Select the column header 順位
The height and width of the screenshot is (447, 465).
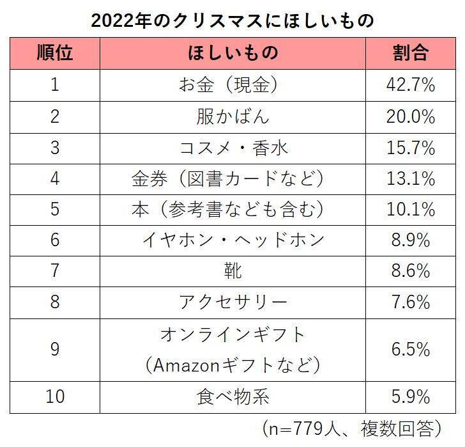54,53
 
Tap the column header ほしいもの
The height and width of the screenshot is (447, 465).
233,53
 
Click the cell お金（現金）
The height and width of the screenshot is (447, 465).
233,85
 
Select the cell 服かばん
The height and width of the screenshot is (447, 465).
233,117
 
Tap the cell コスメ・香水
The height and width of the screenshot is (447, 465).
233,148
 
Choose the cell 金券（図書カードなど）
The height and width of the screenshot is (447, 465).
233,178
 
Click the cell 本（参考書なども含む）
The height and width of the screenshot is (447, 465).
233,209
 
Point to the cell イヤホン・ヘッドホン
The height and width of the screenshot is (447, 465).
233,240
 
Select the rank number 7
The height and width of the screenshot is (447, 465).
54,271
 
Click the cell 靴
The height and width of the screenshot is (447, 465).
233,271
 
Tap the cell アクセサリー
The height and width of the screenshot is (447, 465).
233,301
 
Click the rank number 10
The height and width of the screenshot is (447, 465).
54,396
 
